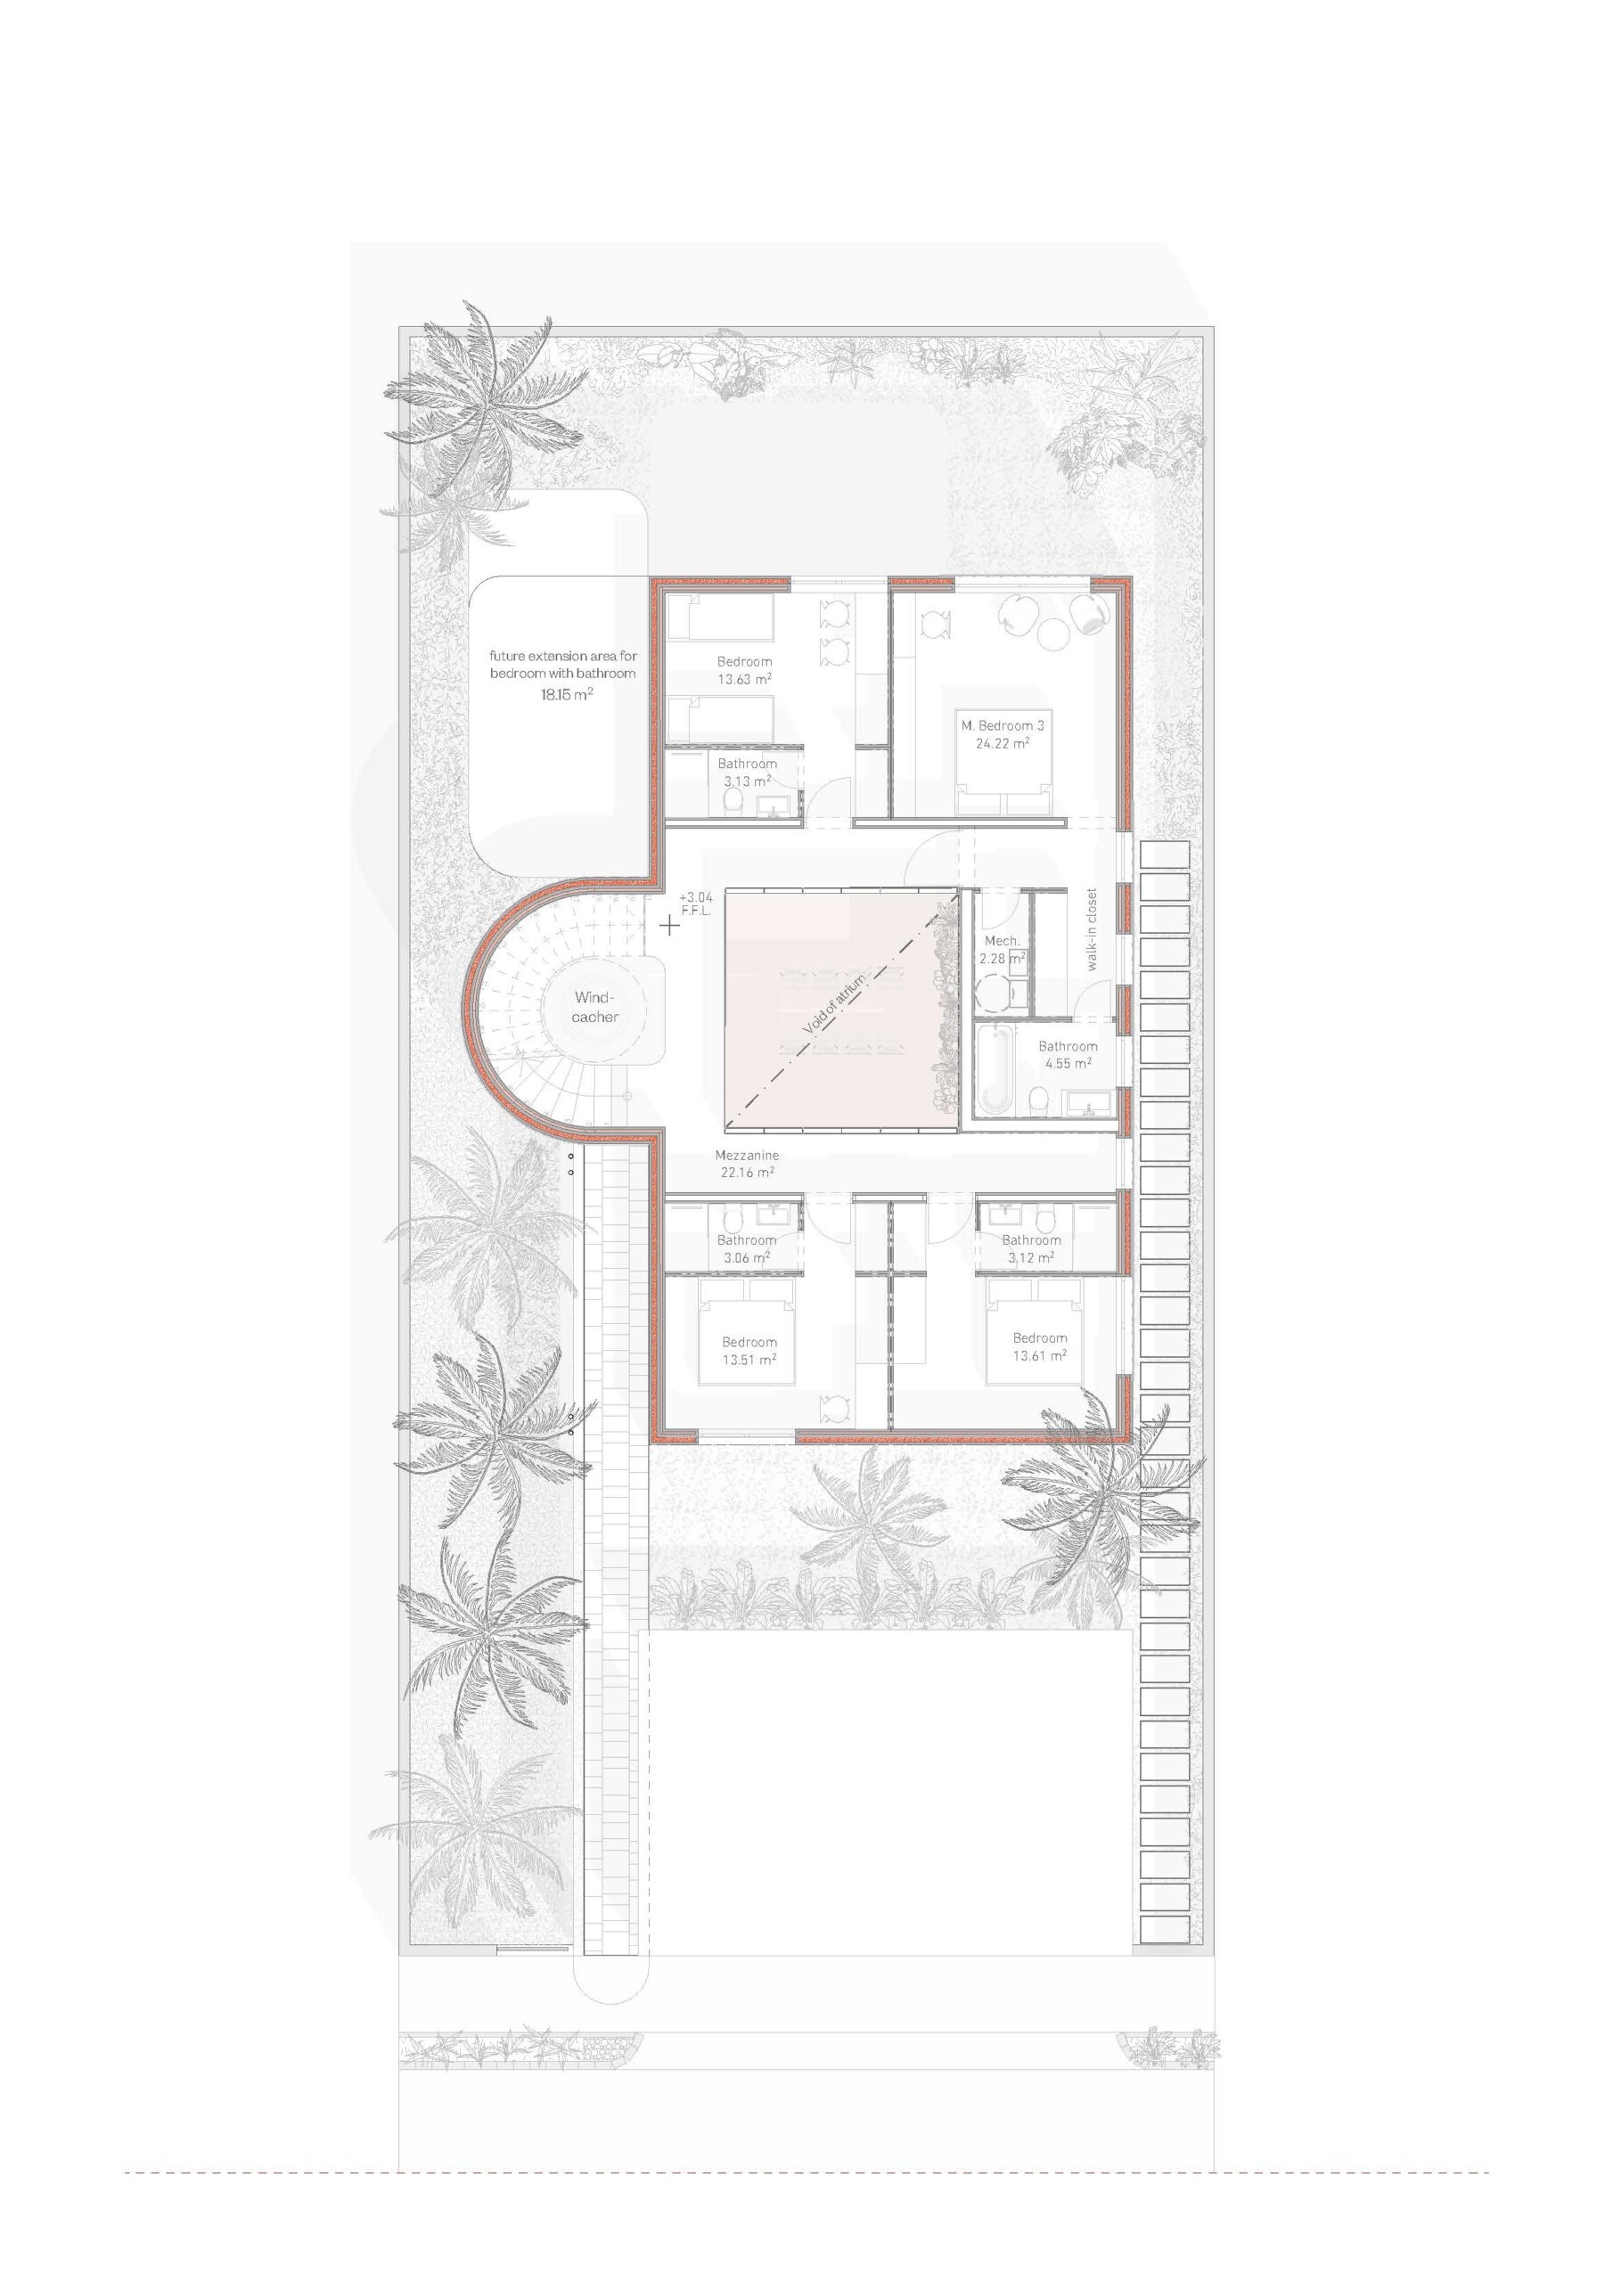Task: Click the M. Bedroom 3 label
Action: (x=1002, y=726)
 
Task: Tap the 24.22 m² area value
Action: (x=1002, y=743)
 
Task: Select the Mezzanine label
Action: (x=748, y=1156)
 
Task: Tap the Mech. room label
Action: (x=1002, y=941)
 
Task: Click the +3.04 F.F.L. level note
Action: (x=696, y=903)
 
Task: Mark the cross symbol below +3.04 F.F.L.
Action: (x=670, y=926)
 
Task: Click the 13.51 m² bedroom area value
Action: (x=749, y=1360)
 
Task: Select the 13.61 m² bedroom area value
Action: (x=1040, y=1356)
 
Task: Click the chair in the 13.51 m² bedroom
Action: (x=834, y=1407)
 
